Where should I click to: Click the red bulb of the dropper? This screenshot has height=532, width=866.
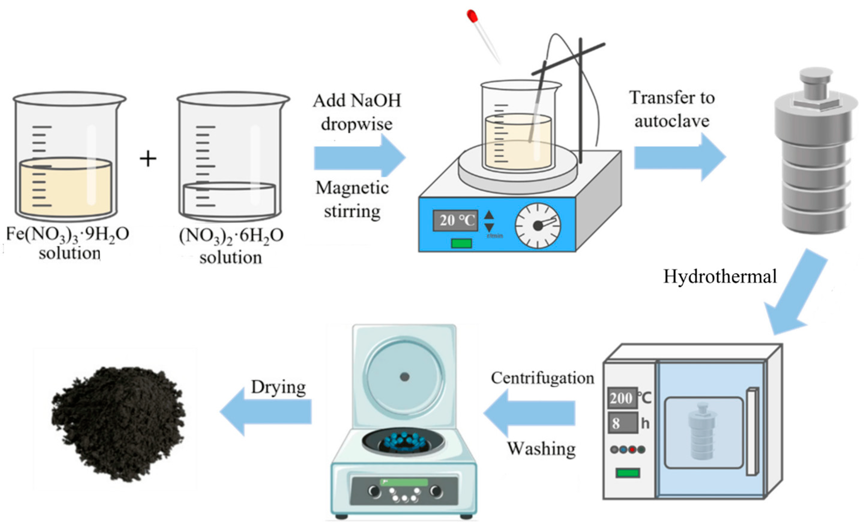tap(472, 16)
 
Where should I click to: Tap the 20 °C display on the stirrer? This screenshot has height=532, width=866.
tap(455, 220)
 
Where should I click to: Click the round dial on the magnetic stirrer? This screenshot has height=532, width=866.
tap(538, 225)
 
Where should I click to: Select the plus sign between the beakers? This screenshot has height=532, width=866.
tap(148, 159)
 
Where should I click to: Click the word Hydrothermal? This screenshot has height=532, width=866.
tap(720, 277)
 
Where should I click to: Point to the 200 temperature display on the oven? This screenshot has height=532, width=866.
tap(621, 398)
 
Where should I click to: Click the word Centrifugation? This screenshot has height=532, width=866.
tap(542, 378)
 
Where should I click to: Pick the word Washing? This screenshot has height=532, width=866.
tap(541, 448)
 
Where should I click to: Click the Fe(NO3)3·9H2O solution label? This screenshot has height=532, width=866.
tap(68, 243)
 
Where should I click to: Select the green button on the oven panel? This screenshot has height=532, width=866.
tap(628, 473)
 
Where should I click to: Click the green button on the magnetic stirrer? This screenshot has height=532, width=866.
tap(461, 243)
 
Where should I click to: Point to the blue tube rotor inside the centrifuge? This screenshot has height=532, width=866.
tap(403, 442)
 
